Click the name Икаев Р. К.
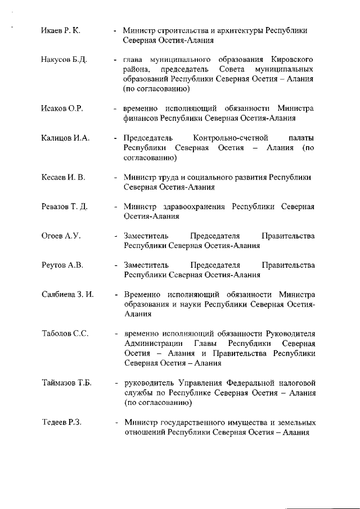61,30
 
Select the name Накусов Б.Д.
64,60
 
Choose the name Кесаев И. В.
64,178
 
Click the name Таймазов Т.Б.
66,383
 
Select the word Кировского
291,60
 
